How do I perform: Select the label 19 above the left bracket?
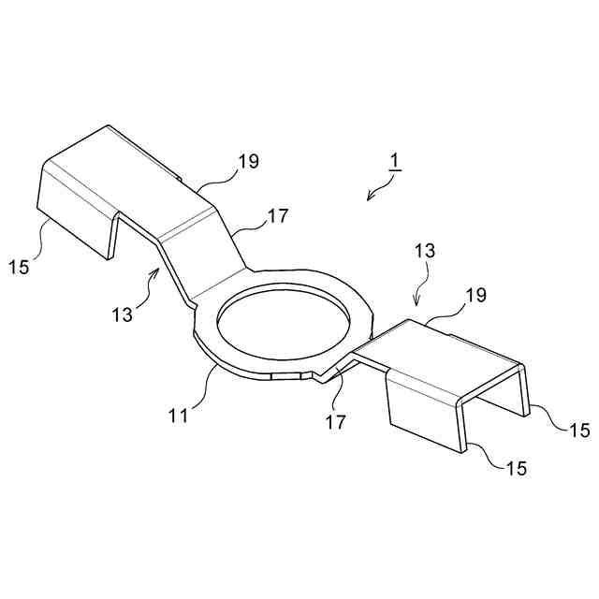247,161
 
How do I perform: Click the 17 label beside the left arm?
277,216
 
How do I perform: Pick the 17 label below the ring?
335,421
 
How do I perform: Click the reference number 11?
178,413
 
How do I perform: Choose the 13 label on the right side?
424,252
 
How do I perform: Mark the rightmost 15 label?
578,430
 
